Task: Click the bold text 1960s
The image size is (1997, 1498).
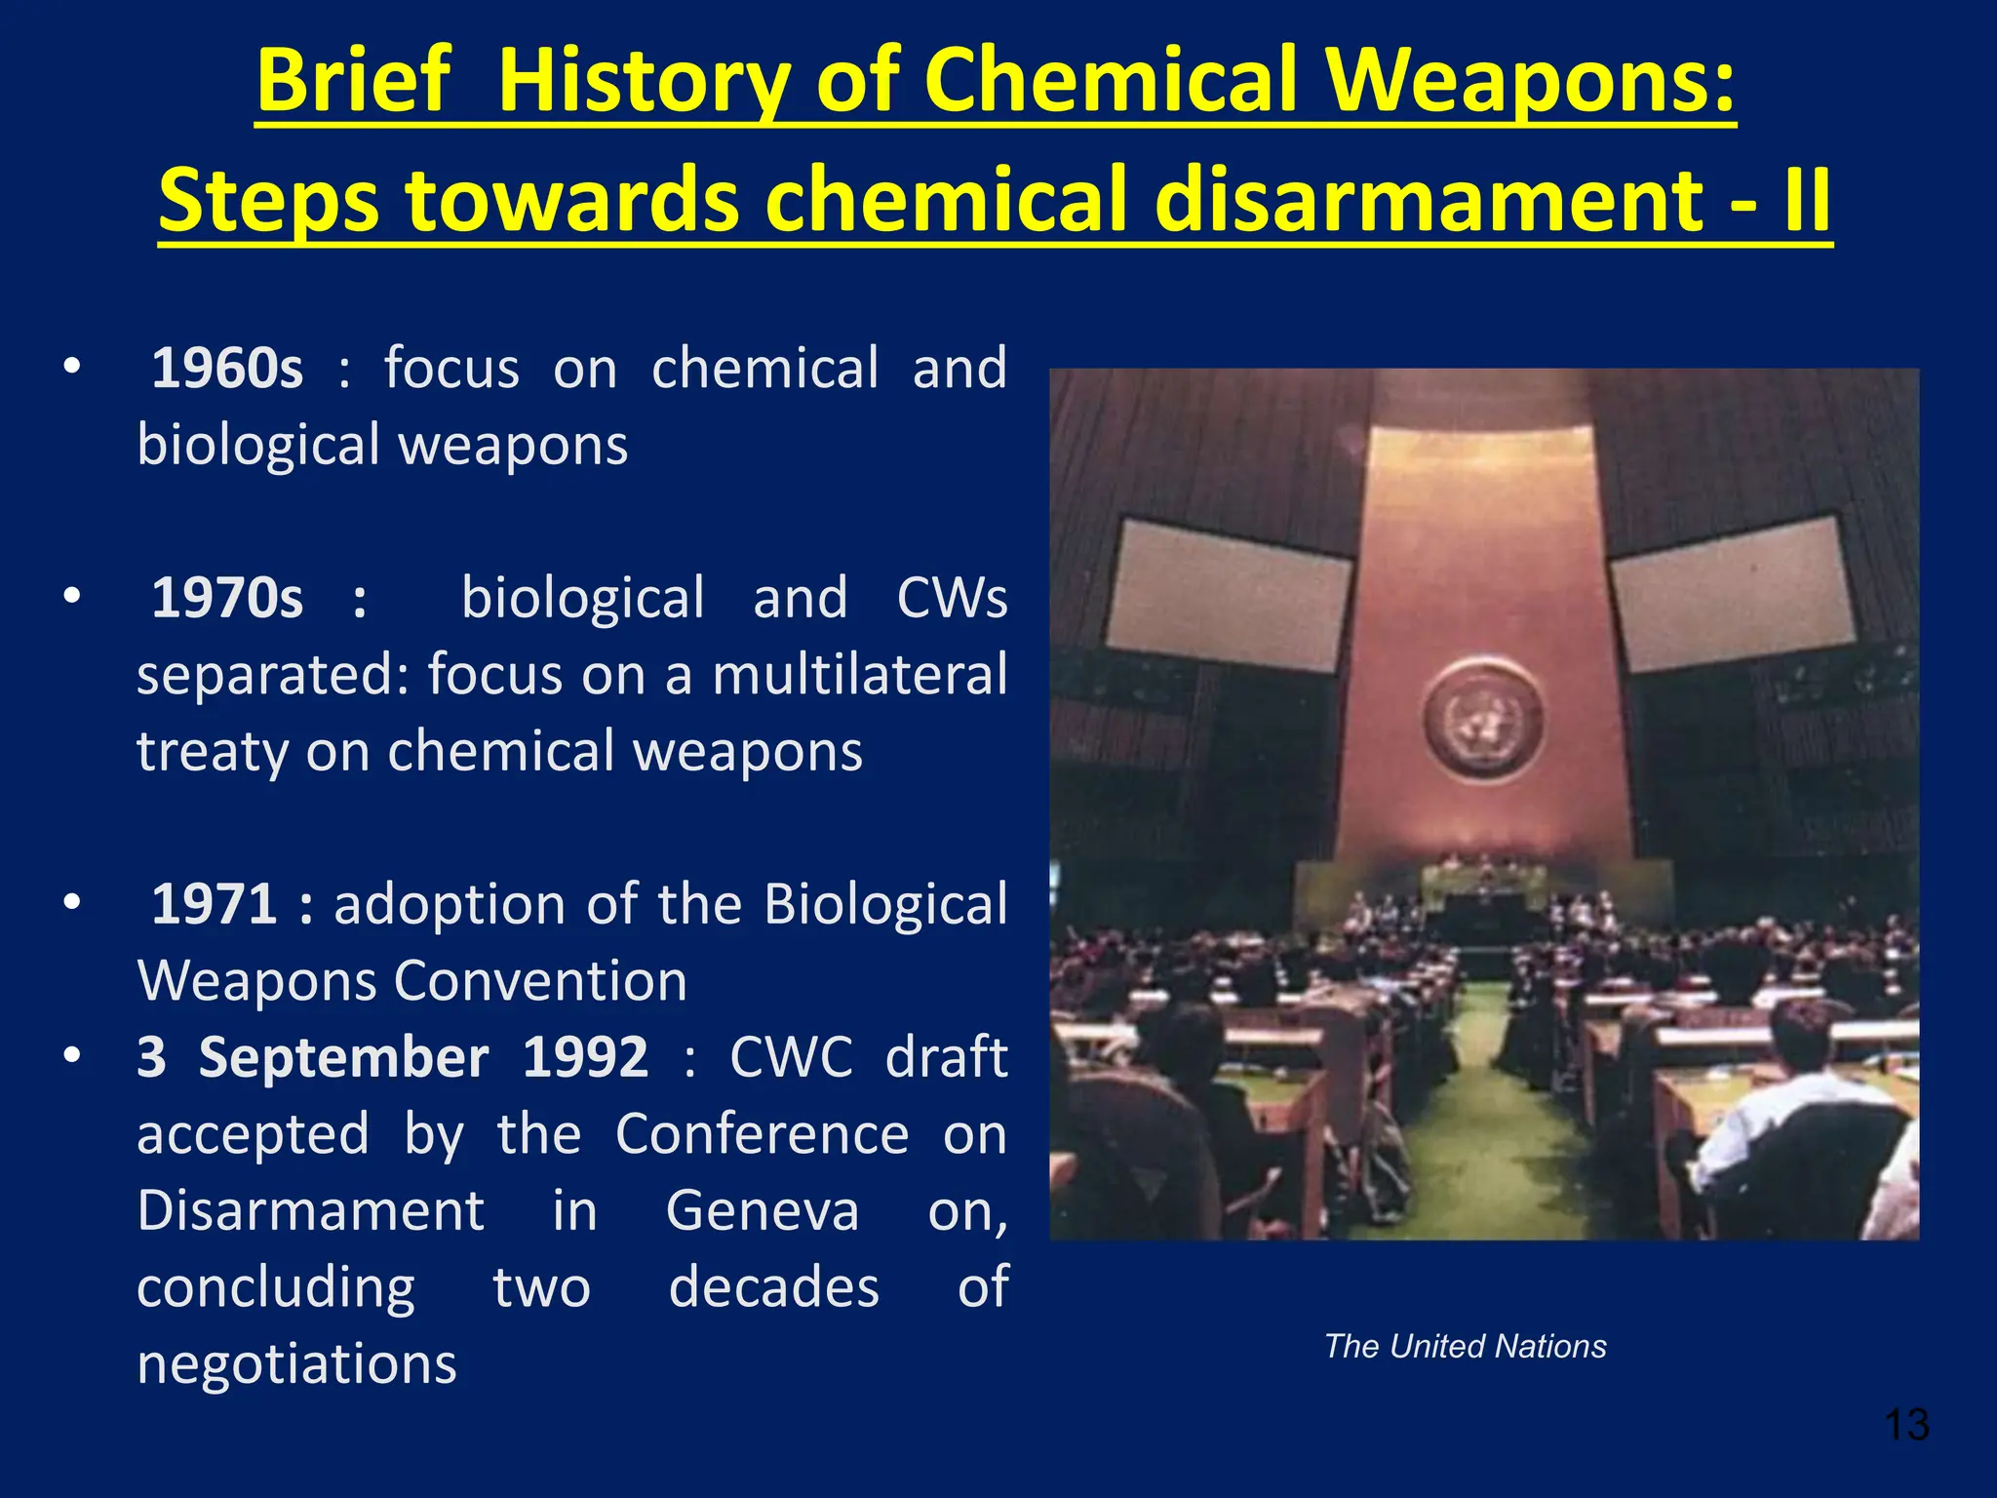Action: (227, 369)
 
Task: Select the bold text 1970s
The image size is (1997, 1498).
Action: (227, 598)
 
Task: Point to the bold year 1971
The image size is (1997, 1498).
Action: (215, 904)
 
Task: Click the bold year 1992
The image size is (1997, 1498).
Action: (585, 1057)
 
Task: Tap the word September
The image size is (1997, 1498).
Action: (343, 1057)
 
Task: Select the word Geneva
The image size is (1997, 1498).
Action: (763, 1211)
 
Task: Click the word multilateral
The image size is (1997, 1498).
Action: (859, 675)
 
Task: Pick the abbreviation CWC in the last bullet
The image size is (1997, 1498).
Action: (791, 1057)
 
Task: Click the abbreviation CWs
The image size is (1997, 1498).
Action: (951, 598)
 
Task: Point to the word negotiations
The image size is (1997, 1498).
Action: (296, 1364)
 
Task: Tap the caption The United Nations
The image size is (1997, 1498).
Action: (1465, 1346)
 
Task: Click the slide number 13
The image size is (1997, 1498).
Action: (1906, 1425)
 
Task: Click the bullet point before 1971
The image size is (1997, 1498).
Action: (71, 902)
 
